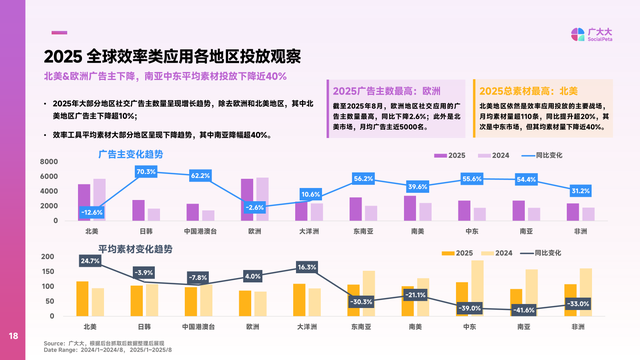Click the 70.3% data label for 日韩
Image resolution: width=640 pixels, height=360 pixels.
(x=146, y=172)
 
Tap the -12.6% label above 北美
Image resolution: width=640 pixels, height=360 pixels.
(x=92, y=212)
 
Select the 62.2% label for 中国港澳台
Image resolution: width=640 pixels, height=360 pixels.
(x=200, y=176)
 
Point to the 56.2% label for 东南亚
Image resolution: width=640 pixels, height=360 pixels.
(x=363, y=178)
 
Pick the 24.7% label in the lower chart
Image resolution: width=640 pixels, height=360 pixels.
(x=91, y=261)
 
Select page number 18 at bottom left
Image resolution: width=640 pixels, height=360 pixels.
(x=14, y=336)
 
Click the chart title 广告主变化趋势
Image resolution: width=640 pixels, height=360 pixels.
(x=130, y=154)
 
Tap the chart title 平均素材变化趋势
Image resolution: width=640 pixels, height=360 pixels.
(x=135, y=247)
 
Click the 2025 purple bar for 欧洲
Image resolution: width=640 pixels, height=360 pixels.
(x=247, y=200)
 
